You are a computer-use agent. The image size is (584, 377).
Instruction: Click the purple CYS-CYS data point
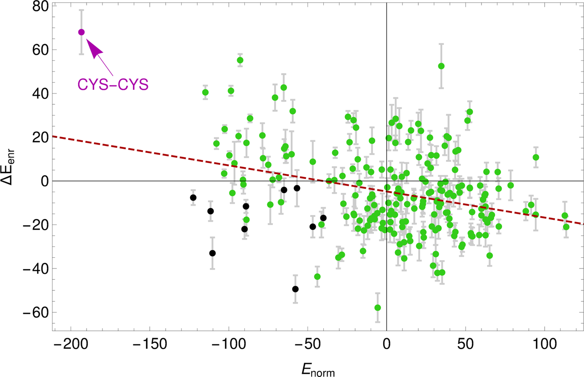coord(81,32)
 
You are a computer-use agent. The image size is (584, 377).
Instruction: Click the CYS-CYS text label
coord(113,85)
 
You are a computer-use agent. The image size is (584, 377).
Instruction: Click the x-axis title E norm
coord(318,370)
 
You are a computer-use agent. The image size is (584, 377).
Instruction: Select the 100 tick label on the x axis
coord(544,349)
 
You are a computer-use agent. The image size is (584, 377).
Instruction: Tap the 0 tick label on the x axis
coord(387,349)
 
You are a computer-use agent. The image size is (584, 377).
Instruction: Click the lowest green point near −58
coord(378,308)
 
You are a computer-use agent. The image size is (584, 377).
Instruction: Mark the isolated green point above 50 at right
coord(441,66)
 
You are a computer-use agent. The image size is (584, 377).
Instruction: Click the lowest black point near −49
coord(295,289)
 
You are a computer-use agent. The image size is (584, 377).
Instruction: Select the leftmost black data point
coord(193,198)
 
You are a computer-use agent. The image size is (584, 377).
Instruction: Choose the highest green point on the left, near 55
coord(240,60)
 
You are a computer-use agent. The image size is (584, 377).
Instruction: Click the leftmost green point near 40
coord(205,92)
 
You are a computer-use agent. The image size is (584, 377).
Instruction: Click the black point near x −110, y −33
coord(212,253)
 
